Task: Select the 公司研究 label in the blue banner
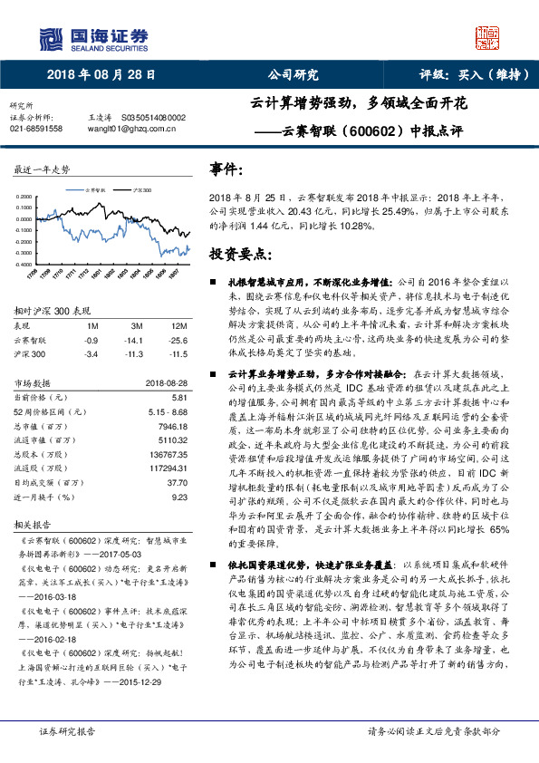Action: [x=294, y=75]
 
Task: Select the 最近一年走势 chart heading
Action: [x=43, y=169]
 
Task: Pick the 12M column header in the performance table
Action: [x=179, y=324]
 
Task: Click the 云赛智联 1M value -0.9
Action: [x=91, y=339]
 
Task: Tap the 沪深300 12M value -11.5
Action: [x=178, y=353]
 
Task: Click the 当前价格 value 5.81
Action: [x=179, y=398]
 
